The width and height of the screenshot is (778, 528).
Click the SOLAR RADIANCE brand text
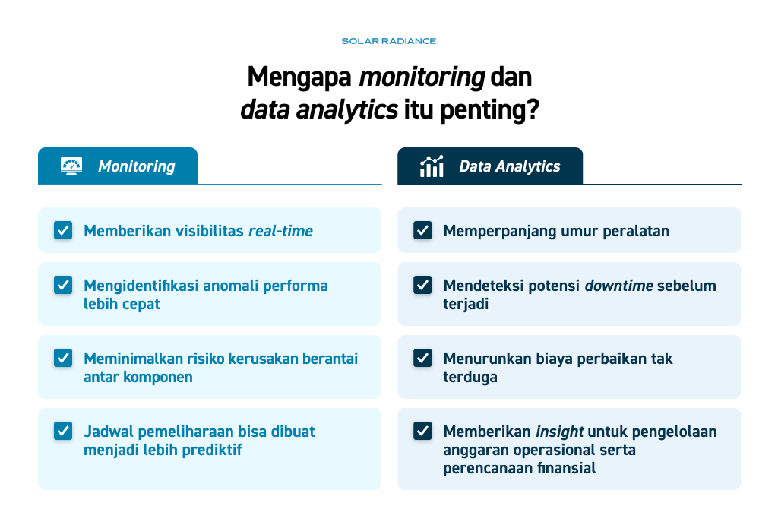[388, 41]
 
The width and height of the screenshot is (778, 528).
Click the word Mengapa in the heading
[299, 78]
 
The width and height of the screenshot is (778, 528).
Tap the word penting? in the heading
[489, 109]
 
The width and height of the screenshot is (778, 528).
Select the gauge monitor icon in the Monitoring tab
[71, 166]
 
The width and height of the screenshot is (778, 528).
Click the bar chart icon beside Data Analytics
[432, 166]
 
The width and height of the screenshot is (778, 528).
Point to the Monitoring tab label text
[137, 166]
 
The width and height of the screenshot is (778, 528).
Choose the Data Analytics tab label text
[510, 166]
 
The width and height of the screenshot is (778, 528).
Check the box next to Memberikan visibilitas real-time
[63, 230]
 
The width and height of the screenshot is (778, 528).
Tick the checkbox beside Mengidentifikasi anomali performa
[63, 285]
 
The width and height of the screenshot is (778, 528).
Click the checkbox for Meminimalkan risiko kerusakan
[63, 358]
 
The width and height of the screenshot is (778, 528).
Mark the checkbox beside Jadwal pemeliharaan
[63, 431]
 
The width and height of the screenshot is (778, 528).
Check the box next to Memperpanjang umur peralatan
[422, 230]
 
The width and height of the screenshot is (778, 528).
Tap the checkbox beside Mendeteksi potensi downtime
[422, 285]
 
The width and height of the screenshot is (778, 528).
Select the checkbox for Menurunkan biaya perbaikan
[422, 358]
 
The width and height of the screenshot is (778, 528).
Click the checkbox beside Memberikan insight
[422, 431]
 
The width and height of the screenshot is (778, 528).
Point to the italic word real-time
[280, 231]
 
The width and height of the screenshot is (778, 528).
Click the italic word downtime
[618, 286]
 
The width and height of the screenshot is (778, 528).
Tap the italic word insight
[559, 432]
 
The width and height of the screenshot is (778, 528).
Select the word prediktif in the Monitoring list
[212, 450]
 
